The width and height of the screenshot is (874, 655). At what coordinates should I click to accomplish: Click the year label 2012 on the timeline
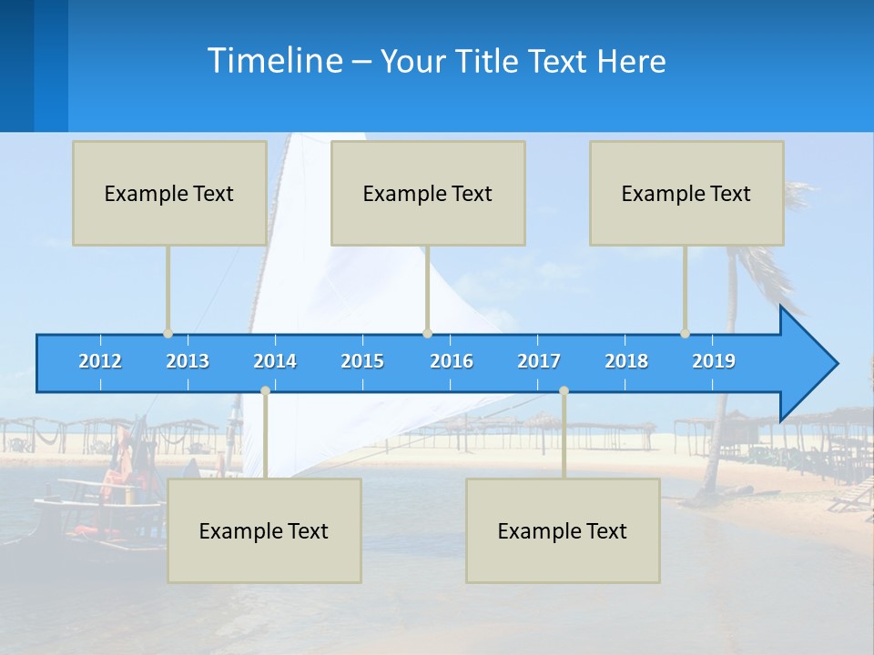coord(100,361)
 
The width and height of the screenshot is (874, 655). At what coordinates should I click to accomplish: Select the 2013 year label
coord(188,361)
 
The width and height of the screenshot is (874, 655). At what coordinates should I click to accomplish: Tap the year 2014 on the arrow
coord(275,361)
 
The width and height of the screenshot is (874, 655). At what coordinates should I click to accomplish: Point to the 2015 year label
coord(362,361)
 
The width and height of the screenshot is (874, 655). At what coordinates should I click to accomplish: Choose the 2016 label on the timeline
coord(452,361)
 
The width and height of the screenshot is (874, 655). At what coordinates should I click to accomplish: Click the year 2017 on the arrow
coord(539,361)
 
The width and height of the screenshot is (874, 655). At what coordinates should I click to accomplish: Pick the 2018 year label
coord(626,361)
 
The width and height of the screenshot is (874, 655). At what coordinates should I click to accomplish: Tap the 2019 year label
coord(714,361)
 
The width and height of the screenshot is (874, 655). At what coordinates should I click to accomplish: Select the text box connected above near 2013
coord(169,193)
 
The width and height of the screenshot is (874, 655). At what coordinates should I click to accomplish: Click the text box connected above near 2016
coord(428,193)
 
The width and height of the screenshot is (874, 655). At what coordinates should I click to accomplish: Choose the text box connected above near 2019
coord(686,193)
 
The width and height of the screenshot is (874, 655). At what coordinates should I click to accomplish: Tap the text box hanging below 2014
coord(264,530)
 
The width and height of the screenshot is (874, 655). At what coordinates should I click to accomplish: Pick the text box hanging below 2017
coord(563,530)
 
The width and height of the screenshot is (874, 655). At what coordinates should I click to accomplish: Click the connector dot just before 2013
coord(168,334)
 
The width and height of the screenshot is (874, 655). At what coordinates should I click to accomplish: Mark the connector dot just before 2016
coord(427,334)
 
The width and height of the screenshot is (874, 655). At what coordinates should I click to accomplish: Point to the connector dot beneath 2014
coord(265,391)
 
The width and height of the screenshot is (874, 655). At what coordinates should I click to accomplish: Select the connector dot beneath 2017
coord(564,391)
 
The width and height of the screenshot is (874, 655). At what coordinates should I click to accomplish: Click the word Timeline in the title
coord(273,61)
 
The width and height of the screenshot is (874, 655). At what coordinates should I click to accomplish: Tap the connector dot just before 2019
coord(685,334)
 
